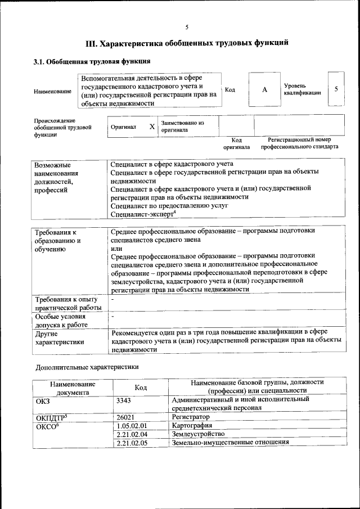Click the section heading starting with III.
[x=187, y=43]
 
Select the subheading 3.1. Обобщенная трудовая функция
[x=91, y=61]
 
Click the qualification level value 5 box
[x=336, y=89]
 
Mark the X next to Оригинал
[x=152, y=127]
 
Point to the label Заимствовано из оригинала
[x=182, y=126]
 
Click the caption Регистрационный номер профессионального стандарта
[x=299, y=143]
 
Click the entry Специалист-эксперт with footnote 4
[x=143, y=214]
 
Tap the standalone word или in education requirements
[x=116, y=248]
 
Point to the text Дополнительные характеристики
[x=86, y=367]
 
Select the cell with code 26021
[x=124, y=417]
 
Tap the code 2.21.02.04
[x=131, y=434]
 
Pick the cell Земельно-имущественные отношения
[x=230, y=442]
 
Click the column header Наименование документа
[x=73, y=388]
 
